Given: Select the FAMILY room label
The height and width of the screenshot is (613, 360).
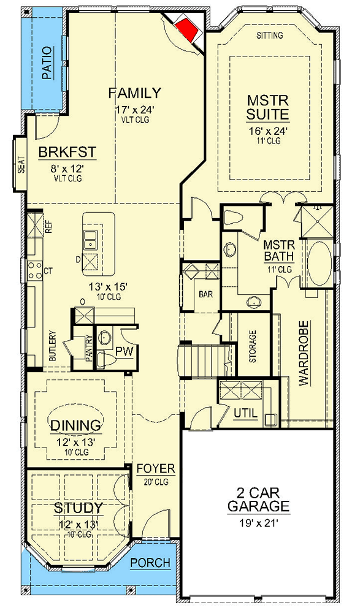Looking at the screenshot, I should pos(134,93).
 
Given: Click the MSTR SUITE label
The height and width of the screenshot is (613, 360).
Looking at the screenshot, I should pos(268,107).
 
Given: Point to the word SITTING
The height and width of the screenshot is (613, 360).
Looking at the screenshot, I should pos(269,36).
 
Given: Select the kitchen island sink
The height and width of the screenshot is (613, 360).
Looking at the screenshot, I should pos(90,239).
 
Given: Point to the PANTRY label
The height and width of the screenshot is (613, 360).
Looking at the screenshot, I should pos(89,354).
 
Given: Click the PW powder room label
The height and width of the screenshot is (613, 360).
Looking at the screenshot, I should pos(124,352).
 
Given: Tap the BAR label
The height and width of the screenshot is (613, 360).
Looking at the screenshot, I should pos(205,294).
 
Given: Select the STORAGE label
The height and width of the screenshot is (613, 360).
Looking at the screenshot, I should pos(253,347).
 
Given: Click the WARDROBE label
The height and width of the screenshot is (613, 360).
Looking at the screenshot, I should pos(303,352).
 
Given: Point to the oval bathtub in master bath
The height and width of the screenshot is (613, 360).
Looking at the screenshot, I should pos(318,263).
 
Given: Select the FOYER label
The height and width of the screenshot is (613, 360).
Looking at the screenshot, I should pos(155,469).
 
